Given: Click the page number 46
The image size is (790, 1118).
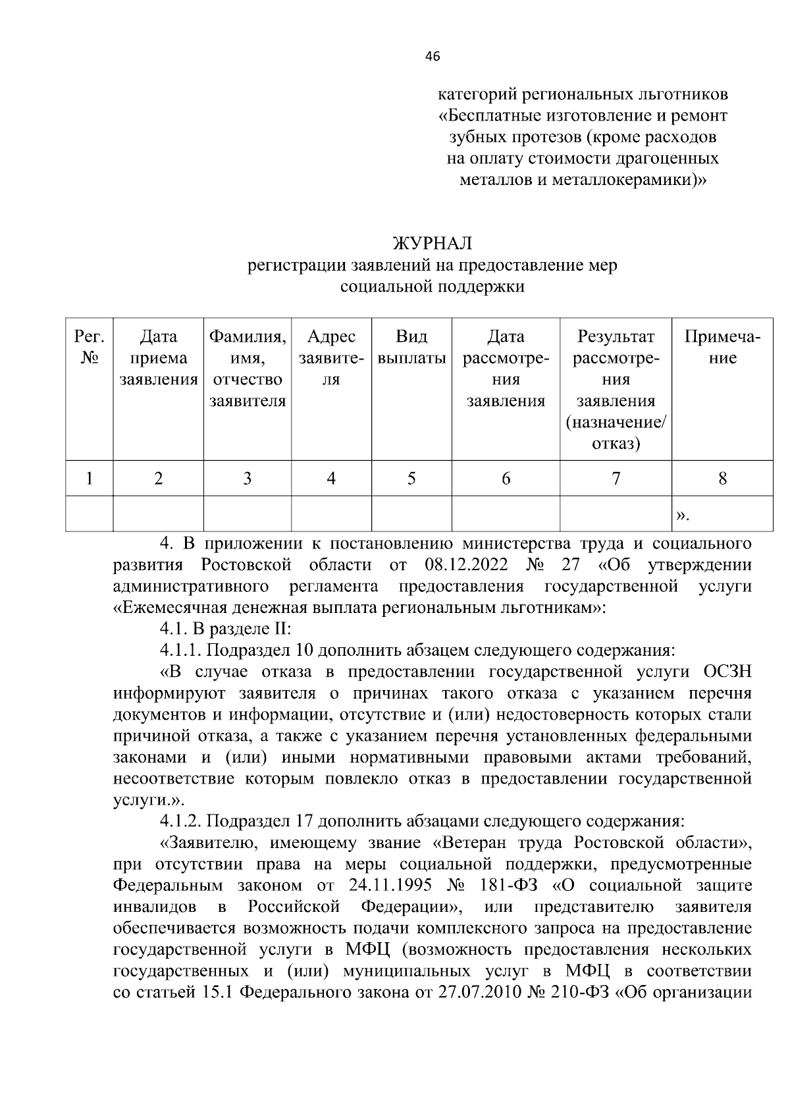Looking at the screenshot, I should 432,57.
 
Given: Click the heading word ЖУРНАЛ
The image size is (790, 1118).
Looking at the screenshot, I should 432,244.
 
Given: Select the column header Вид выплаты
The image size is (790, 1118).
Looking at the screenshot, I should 411,348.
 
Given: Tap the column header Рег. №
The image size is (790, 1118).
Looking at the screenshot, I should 90,348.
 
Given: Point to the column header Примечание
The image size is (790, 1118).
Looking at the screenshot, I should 722,348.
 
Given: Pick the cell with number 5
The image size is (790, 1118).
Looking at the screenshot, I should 411,479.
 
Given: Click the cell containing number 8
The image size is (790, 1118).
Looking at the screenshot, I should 722,479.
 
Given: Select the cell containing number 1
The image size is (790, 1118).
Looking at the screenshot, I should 90,479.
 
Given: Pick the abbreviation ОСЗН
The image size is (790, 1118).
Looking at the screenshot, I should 727,672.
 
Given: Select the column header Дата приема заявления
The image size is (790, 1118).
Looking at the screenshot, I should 159,358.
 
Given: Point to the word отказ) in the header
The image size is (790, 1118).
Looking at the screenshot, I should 616,444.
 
